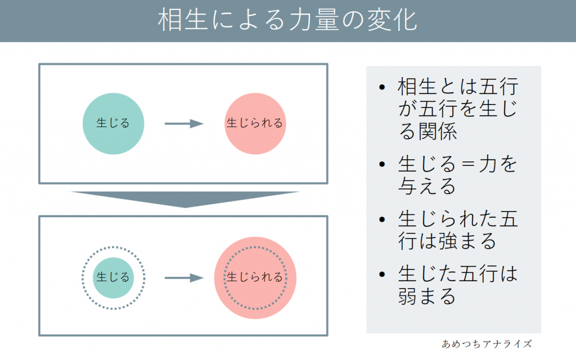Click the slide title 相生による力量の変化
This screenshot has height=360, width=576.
[287, 21]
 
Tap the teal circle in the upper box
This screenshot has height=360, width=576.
[114, 123]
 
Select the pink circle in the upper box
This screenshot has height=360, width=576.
[255, 123]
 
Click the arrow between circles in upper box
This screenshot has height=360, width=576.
[183, 124]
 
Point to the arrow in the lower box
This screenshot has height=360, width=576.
[183, 277]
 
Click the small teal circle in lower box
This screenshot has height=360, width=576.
[114, 277]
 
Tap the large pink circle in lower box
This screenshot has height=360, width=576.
[255, 277]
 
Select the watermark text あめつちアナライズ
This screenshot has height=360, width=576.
[487, 343]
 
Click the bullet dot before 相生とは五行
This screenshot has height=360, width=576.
[383, 89]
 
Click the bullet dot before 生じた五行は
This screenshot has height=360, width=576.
[383, 275]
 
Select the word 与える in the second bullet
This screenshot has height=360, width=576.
[427, 186]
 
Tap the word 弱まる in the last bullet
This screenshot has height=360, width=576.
[427, 295]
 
